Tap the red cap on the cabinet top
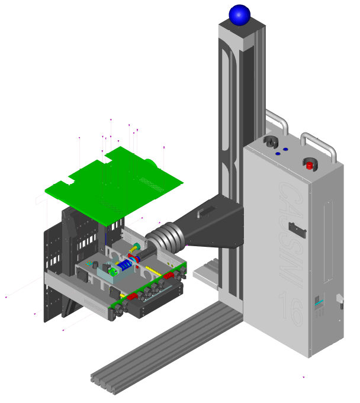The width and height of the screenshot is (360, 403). click(309, 165)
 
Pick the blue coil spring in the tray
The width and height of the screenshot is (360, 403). click(126, 266)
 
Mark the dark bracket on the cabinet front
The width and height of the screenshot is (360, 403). click(295, 228)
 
